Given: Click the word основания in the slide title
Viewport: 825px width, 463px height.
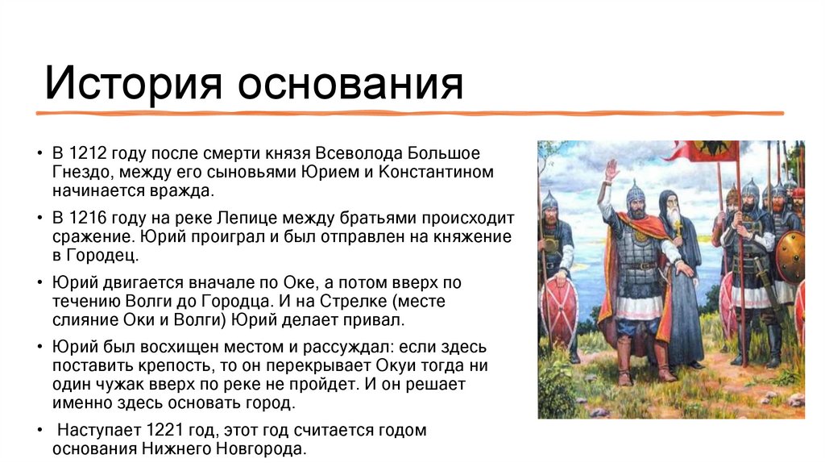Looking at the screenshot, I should pyautogui.click(x=349, y=83).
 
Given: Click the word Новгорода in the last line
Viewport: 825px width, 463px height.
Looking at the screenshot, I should pyautogui.click(x=265, y=449).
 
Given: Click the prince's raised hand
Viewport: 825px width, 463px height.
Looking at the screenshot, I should pyautogui.click(x=611, y=170).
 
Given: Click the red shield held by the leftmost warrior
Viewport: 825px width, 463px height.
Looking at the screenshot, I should pyautogui.click(x=561, y=311).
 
